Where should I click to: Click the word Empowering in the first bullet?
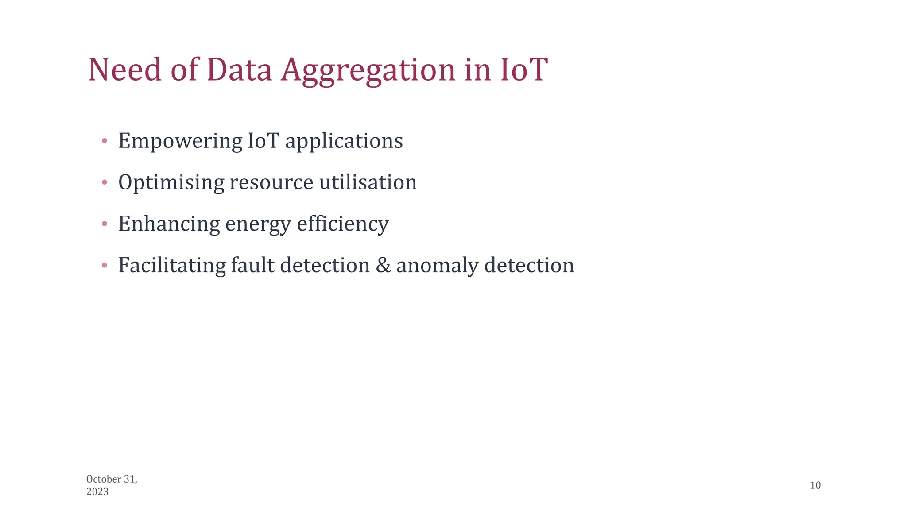[180, 141]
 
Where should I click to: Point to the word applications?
[344, 141]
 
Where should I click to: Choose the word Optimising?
[171, 182]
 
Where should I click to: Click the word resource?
[271, 182]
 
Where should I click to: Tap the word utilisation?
[368, 182]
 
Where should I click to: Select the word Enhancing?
[169, 224]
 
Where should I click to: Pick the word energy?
[258, 224]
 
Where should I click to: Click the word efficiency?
[343, 224]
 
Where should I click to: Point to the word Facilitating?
[172, 266]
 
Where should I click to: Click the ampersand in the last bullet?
[383, 266]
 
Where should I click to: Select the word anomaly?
[438, 266]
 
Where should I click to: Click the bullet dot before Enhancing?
[105, 224]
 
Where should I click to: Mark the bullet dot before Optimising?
[105, 182]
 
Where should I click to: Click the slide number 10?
[815, 485]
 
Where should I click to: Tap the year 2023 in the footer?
[97, 492]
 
